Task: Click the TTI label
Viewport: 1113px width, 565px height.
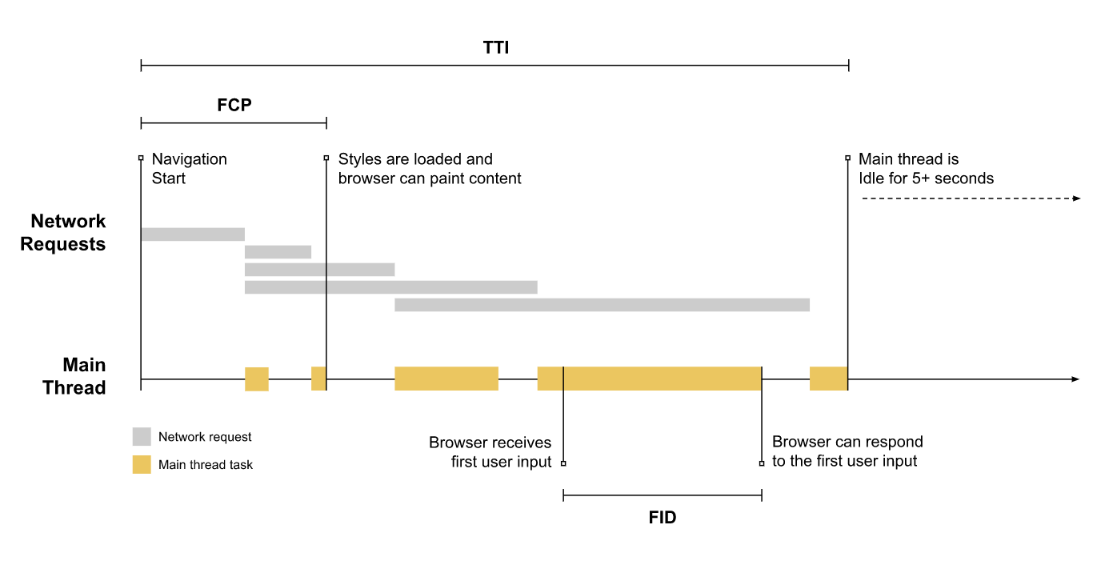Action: point(496,48)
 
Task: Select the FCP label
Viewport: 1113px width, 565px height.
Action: point(234,105)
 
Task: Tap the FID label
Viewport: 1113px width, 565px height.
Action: point(663,517)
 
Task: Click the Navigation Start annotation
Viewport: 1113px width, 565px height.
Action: point(190,168)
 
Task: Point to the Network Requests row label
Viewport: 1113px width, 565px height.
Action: point(63,233)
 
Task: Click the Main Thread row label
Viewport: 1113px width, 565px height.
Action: point(74,376)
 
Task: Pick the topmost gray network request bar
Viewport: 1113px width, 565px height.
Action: point(193,234)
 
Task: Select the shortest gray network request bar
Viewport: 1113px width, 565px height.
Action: point(278,252)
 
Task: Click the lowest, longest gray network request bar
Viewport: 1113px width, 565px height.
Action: point(603,305)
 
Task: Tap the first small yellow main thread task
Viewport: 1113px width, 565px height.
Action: point(257,379)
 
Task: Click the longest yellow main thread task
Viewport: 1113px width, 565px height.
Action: point(650,379)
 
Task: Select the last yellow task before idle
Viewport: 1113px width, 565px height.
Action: point(828,379)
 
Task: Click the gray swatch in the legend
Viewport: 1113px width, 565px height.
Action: point(142,436)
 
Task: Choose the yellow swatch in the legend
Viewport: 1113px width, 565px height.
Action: point(142,464)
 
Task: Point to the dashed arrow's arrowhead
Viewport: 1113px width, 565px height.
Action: point(1076,198)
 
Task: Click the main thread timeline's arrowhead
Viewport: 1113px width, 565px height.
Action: point(1075,379)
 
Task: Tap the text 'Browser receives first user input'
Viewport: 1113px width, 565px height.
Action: point(490,452)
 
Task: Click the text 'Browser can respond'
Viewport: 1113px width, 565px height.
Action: point(847,442)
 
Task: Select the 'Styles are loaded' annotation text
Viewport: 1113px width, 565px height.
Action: point(415,159)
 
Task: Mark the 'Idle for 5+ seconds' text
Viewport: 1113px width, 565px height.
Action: point(927,178)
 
